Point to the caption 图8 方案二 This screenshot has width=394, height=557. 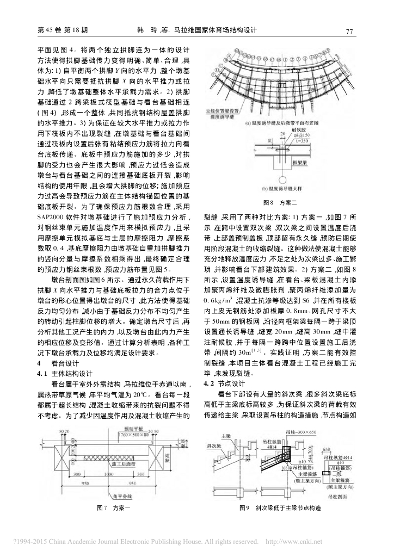click(279, 202)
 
